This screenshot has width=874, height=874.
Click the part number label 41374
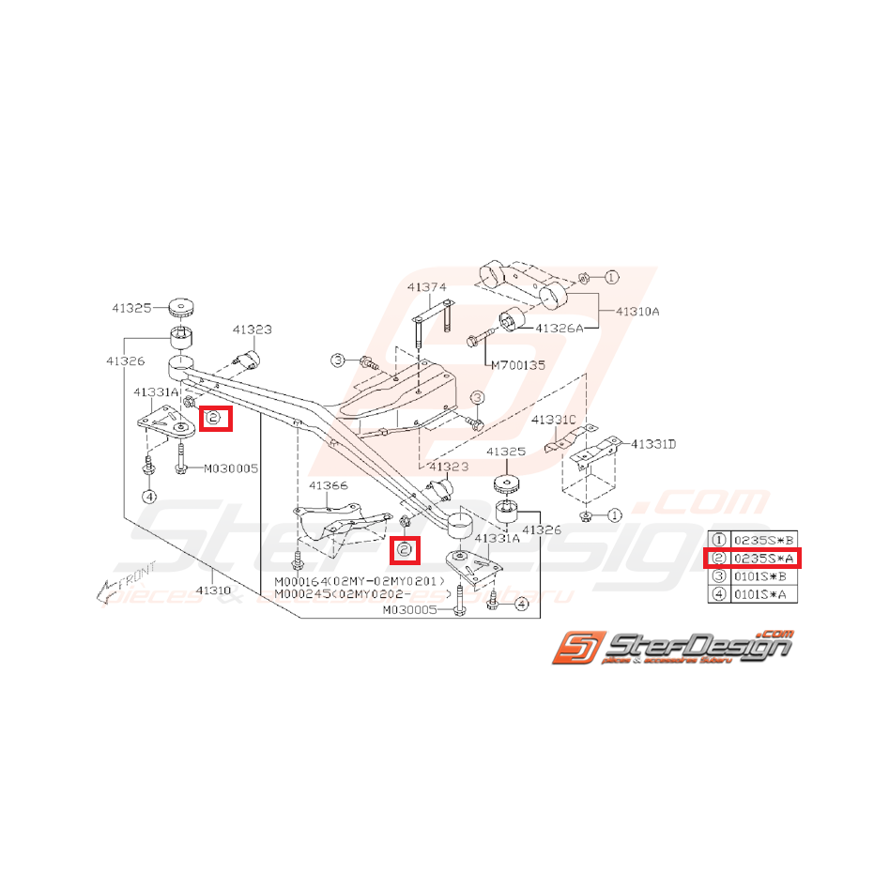tap(426, 287)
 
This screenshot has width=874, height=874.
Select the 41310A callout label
tap(637, 310)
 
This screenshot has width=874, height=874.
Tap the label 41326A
tap(560, 328)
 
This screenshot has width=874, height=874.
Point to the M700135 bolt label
tap(516, 364)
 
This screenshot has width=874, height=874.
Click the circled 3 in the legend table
tap(718, 575)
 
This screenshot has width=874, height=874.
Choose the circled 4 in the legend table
tap(718, 593)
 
